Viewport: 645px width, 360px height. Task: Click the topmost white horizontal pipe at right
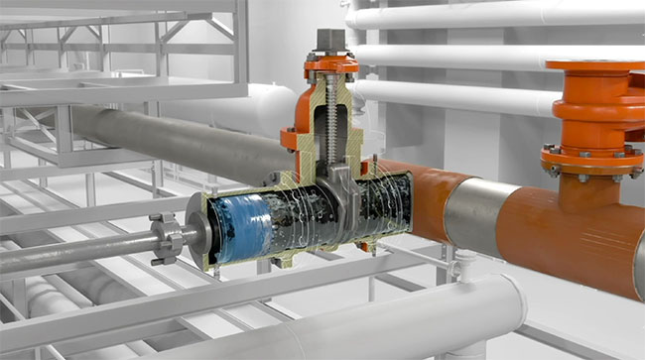pyautogui.click(x=496, y=14)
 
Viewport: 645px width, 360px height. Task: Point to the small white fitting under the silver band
pyautogui.click(x=464, y=260)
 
